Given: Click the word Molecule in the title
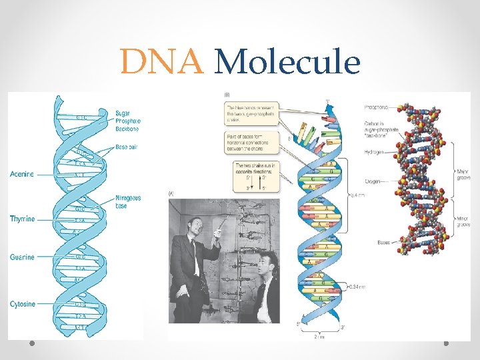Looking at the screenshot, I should tap(289, 63).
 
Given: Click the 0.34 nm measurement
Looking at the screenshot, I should tap(358, 287).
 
